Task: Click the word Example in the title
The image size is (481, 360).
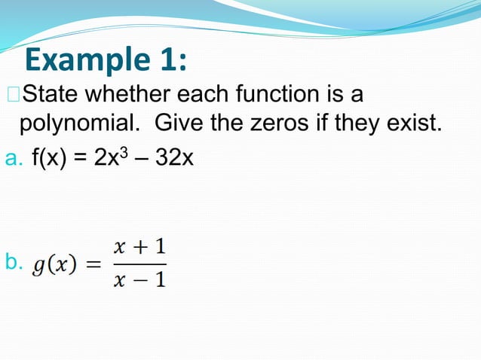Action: (x=83, y=59)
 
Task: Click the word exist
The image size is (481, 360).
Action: (x=412, y=123)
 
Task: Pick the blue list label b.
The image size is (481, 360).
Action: (x=13, y=262)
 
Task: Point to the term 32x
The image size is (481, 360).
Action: (x=173, y=159)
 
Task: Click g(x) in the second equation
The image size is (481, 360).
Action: (x=55, y=264)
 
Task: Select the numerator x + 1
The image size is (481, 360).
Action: (x=140, y=246)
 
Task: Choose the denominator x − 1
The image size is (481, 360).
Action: (x=140, y=280)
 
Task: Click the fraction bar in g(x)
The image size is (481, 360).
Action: (x=140, y=264)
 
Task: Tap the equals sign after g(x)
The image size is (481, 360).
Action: (x=93, y=264)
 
